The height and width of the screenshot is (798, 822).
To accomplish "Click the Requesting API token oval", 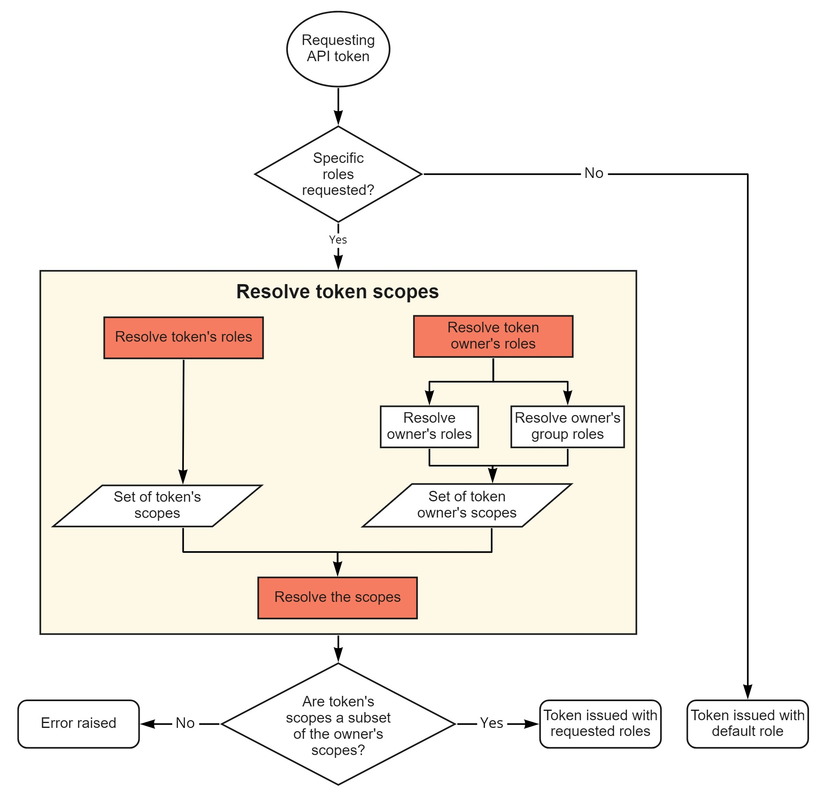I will [x=338, y=49].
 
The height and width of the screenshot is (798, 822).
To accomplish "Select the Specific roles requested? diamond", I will [x=338, y=174].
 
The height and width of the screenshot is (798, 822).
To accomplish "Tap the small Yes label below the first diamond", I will [x=338, y=240].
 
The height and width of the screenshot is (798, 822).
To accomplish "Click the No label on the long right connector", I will [x=594, y=173].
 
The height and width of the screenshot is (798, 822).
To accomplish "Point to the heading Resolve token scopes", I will [x=338, y=291].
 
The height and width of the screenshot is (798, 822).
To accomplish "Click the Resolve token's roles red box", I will [x=183, y=338].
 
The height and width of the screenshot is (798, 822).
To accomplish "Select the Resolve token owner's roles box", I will [x=493, y=336].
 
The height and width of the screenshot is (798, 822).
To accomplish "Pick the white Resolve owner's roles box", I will [x=429, y=426].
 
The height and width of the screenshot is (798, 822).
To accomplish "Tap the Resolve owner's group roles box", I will [x=567, y=426].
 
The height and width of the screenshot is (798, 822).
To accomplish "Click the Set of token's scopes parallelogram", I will [x=157, y=505].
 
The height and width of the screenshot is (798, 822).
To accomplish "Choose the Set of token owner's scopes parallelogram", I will [x=467, y=505].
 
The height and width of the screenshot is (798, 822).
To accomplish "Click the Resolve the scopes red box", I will [x=338, y=598].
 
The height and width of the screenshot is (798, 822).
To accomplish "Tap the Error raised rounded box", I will [x=79, y=724].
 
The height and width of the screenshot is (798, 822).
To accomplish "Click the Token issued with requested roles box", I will [x=600, y=724].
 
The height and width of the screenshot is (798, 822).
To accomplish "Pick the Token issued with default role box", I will [x=747, y=724].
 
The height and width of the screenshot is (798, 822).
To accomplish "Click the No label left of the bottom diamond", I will [x=185, y=724].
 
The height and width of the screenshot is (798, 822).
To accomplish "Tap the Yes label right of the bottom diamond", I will [x=492, y=724].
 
